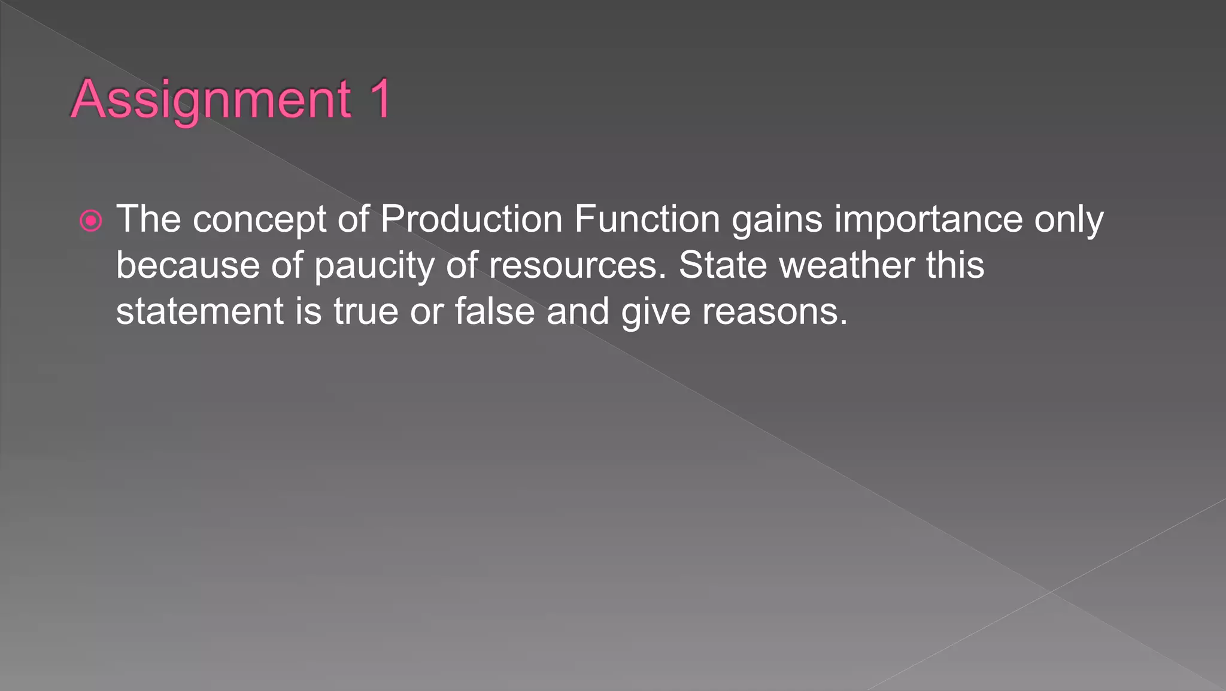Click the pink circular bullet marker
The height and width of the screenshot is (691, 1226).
[x=91, y=221]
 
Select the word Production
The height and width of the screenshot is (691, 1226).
[x=471, y=219]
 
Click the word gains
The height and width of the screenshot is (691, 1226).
[x=777, y=220]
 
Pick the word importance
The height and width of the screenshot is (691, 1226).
[x=928, y=220]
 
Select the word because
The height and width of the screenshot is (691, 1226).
[x=187, y=265]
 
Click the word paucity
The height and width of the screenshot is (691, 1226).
[x=374, y=266]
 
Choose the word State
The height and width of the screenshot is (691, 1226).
[x=722, y=265]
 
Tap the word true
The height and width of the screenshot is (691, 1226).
[x=365, y=311]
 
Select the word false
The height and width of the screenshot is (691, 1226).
[x=494, y=311]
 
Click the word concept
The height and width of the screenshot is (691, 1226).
[x=259, y=220]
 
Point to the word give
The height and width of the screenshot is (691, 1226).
[x=656, y=313]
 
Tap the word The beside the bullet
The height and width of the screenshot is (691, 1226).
[x=148, y=219]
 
